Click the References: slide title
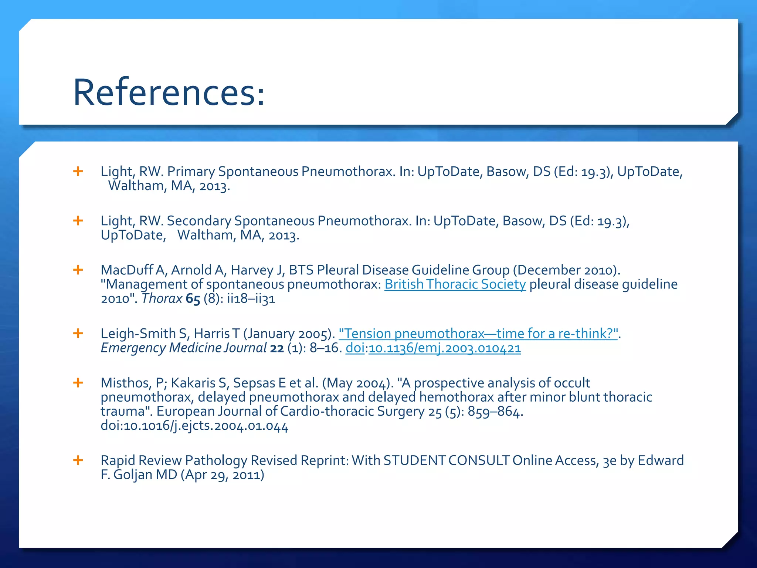[169, 92]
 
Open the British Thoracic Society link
[455, 284]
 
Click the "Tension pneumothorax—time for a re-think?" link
[478, 334]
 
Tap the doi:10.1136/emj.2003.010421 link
[433, 348]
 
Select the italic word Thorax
[162, 298]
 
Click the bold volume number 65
[193, 299]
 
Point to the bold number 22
[277, 348]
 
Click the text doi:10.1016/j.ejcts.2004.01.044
[194, 426]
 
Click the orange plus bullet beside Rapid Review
[78, 460]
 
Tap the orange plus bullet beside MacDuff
[78, 270]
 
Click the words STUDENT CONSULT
[446, 460]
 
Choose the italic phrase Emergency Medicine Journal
[184, 348]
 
